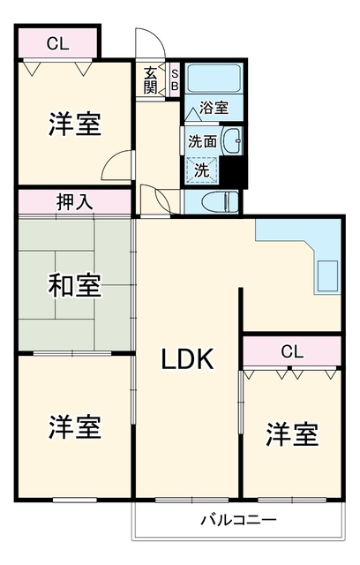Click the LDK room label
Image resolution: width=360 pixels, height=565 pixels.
pyautogui.click(x=187, y=359)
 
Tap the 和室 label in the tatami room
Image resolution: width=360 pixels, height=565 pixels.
pyautogui.click(x=74, y=285)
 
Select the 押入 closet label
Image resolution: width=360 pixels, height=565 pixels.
pyautogui.click(x=74, y=202)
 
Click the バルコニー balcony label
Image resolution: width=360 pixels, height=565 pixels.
pyautogui.click(x=239, y=520)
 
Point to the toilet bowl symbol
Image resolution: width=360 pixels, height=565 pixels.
pyautogui.click(x=220, y=202)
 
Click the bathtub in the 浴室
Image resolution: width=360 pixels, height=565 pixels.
pyautogui.click(x=214, y=78)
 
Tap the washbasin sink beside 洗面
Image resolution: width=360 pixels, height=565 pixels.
pyautogui.click(x=233, y=140)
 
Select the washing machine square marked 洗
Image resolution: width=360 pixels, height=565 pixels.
pyautogui.click(x=201, y=170)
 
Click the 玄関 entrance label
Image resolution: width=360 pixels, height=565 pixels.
pyautogui.click(x=151, y=80)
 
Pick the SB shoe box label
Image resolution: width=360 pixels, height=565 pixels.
pyautogui.click(x=175, y=80)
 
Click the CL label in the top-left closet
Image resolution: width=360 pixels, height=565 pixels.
pyautogui.click(x=57, y=44)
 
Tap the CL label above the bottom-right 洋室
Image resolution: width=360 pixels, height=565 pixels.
pyautogui.click(x=291, y=351)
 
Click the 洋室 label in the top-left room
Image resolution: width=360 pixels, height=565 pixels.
pyautogui.click(x=74, y=124)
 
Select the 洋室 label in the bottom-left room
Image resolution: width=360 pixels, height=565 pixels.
pyautogui.click(x=74, y=427)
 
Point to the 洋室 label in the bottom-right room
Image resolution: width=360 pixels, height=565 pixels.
pyautogui.click(x=292, y=434)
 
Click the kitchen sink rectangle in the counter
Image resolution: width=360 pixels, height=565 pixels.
pyautogui.click(x=328, y=275)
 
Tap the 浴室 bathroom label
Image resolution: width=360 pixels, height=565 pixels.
pyautogui.click(x=214, y=108)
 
